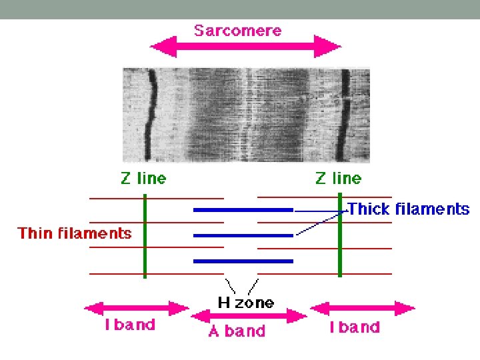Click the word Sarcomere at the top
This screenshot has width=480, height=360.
point(237,30)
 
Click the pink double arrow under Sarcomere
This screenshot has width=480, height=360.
point(245,47)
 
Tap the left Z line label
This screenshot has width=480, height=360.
point(143,178)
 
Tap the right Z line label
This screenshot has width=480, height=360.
point(338,178)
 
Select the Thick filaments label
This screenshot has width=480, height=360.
point(409,209)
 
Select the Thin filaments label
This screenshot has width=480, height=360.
point(74,233)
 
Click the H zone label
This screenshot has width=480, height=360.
point(245,303)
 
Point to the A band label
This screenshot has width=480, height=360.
point(237,331)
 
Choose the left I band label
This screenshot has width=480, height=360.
point(130,325)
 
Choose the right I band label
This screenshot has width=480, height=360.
point(355,327)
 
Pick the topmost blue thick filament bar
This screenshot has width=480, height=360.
point(243,210)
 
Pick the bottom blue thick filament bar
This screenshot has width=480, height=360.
point(243,261)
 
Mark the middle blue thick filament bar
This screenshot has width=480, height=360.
point(243,235)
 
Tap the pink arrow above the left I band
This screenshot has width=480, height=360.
point(137,309)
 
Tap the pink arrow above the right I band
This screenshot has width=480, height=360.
point(363,309)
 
